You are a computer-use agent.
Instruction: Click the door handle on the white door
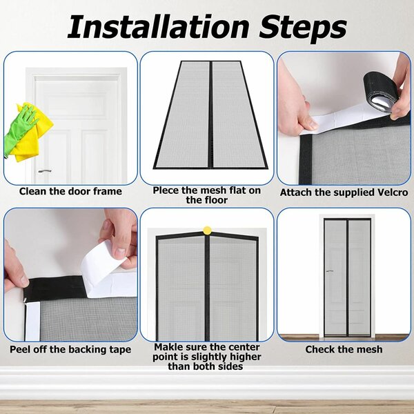pyautogui.click(x=45, y=170)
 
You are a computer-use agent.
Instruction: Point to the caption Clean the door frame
pyautogui.click(x=70, y=191)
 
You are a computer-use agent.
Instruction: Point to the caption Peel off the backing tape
pyautogui.click(x=70, y=349)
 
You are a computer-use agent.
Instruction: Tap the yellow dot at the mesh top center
pyautogui.click(x=207, y=229)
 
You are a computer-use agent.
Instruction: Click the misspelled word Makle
pyautogui.click(x=170, y=347)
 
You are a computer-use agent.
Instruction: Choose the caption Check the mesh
pyautogui.click(x=344, y=349)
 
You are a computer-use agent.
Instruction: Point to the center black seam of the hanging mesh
pyautogui.click(x=207, y=290)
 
